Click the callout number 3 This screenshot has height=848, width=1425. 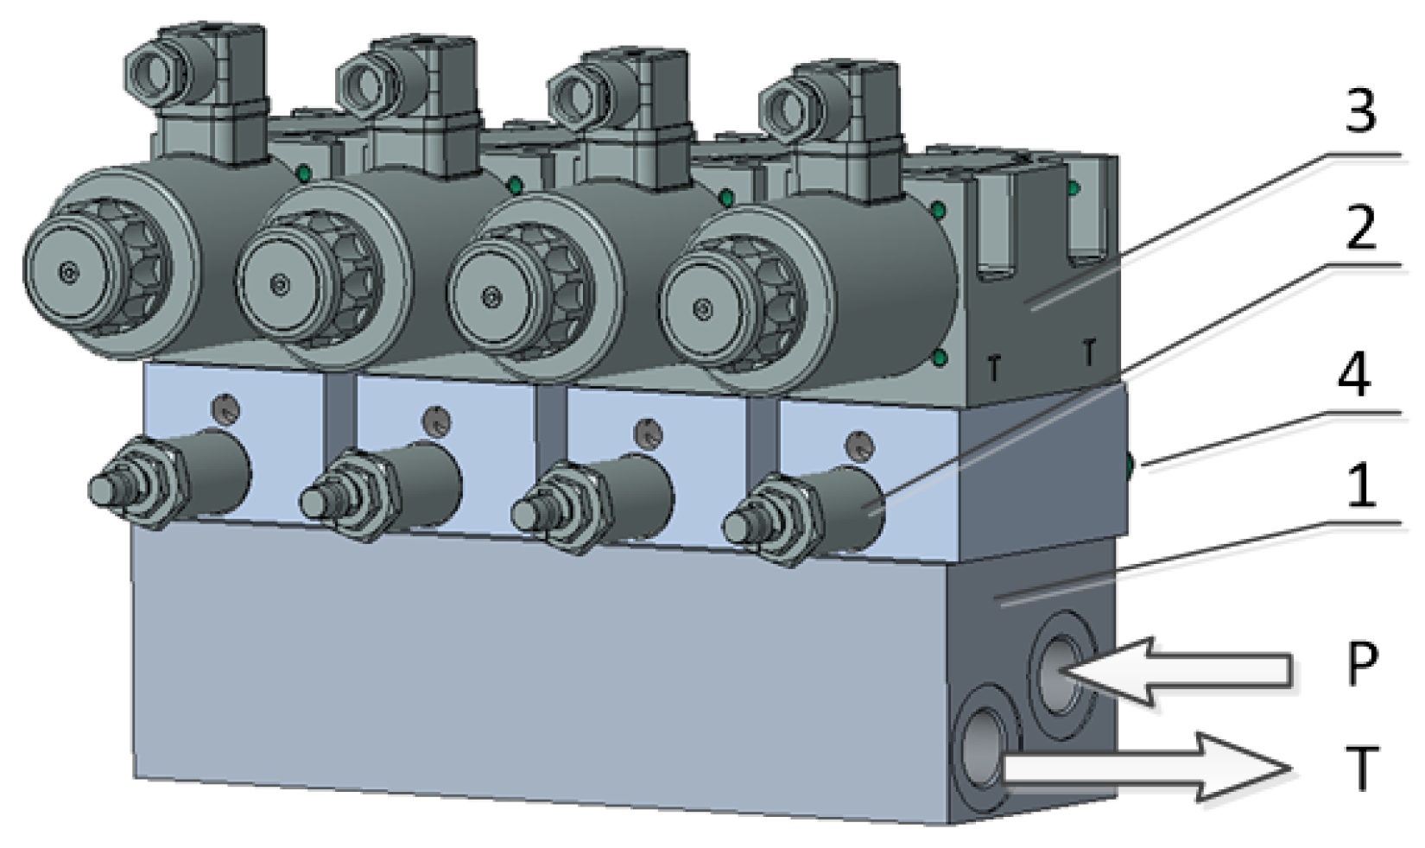1360,111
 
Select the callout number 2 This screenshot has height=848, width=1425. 1360,226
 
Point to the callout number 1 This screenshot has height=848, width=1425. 1361,486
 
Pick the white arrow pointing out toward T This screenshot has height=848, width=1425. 1146,767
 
